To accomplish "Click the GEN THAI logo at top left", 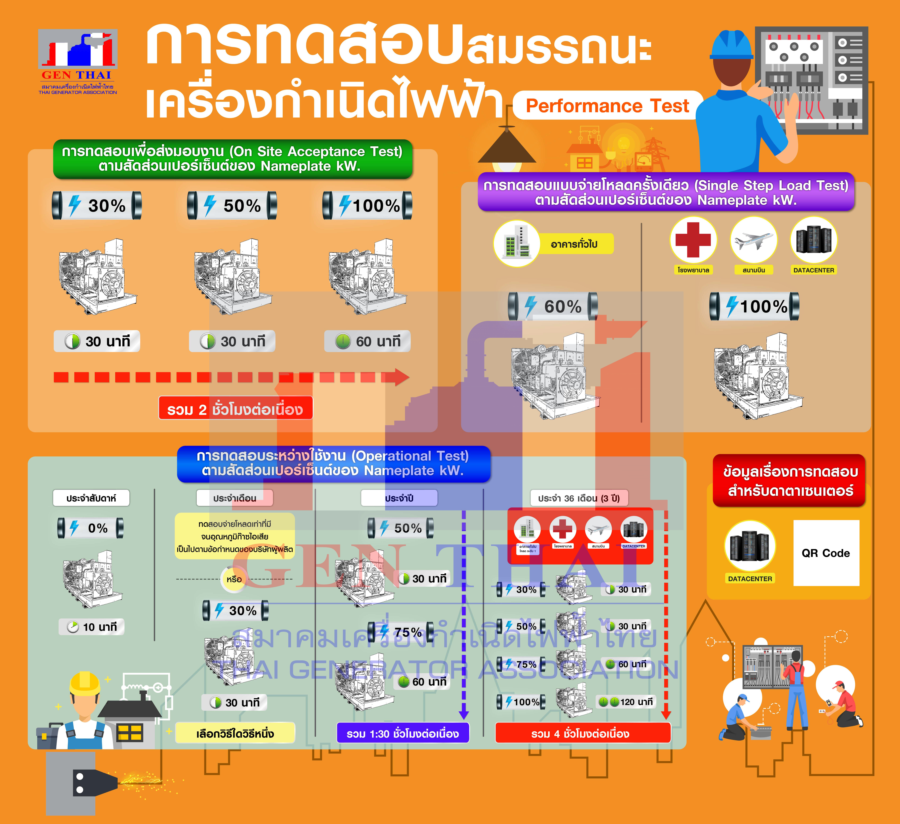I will point(78,61).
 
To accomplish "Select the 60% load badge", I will point(553,306).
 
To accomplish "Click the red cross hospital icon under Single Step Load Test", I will point(693,240).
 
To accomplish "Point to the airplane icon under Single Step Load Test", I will point(754,240).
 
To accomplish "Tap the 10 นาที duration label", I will point(91,627).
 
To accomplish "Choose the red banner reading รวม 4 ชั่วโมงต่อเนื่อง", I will point(583,734).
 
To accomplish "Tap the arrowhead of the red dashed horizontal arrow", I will point(401,377).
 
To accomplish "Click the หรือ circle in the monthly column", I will point(234,579).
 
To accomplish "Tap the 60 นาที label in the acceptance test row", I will point(367,341).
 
